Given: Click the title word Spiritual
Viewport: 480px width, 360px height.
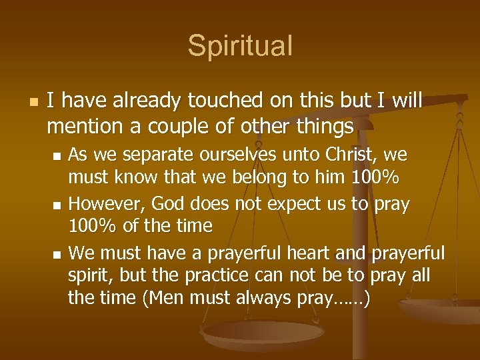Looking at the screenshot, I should [240, 46].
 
